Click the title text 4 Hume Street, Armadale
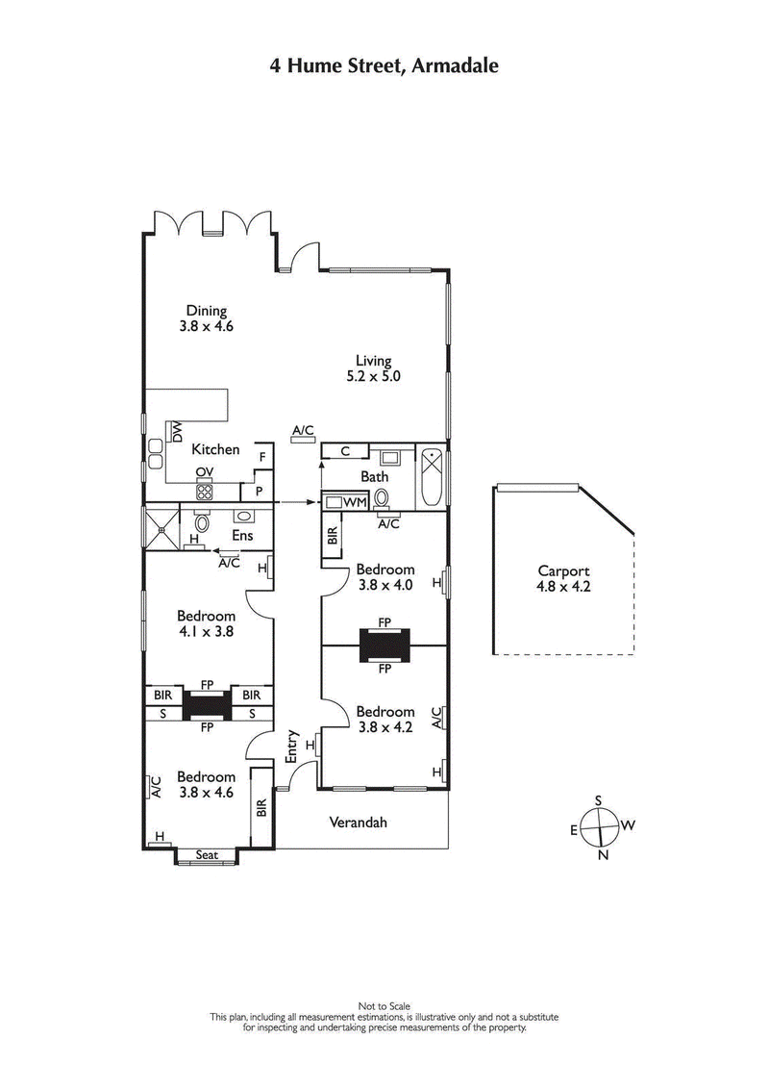coord(384,66)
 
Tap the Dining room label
coord(207,318)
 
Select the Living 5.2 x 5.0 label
coord(374,369)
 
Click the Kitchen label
coord(215,449)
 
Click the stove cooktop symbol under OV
coord(204,491)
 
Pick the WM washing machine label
coord(354,502)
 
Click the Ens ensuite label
coord(242,535)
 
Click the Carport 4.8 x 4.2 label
coord(563,578)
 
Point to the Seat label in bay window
coord(207,854)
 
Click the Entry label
coord(292,747)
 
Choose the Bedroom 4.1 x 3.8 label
coord(206,624)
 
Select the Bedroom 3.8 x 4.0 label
coord(384,576)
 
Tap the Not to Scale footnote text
coord(384,1006)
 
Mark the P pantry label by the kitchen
coord(258,492)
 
